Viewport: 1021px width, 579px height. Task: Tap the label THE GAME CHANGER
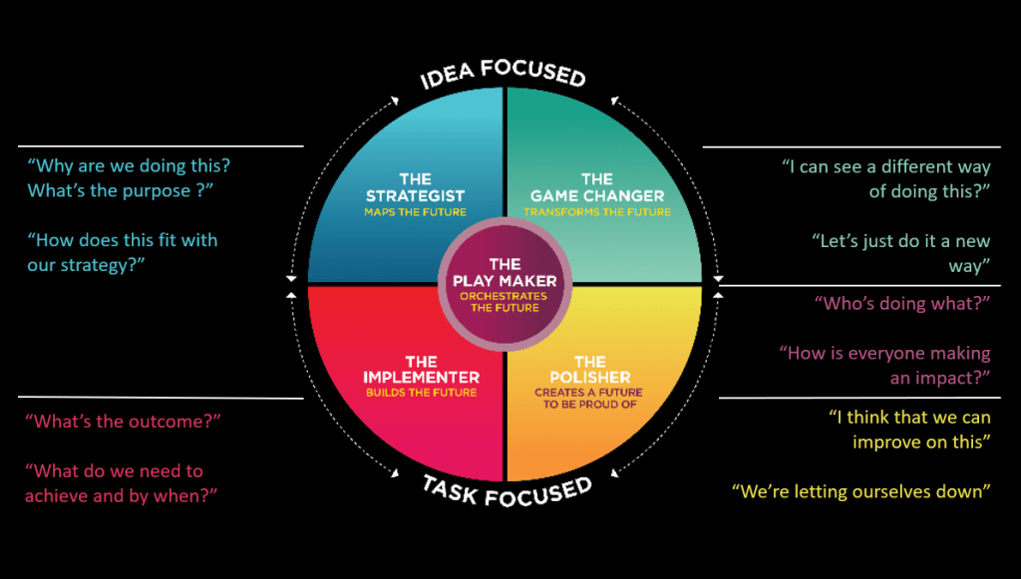(x=597, y=188)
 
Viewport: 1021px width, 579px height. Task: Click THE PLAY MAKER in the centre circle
(x=505, y=272)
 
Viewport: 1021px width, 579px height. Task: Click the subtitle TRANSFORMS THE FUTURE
(x=597, y=212)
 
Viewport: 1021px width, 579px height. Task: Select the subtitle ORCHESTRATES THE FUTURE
(x=505, y=302)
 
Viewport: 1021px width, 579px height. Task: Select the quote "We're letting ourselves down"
(x=860, y=491)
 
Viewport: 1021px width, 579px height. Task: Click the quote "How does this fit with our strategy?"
(x=122, y=253)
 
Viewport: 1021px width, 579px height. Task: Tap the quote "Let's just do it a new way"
(x=900, y=253)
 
